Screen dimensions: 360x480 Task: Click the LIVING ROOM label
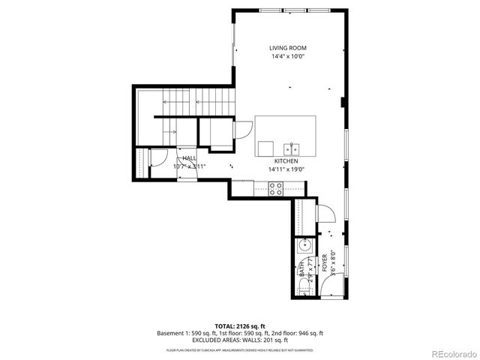click(288, 48)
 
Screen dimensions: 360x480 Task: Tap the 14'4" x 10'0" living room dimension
click(288, 56)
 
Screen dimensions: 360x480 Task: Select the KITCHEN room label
click(286, 161)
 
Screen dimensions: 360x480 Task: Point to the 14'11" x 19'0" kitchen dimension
click(286, 169)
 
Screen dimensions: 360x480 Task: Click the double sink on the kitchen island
click(294, 147)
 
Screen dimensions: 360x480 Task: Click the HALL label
click(189, 158)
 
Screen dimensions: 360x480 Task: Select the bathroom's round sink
click(304, 245)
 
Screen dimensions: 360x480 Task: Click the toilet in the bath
click(304, 283)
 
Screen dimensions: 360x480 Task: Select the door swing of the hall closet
click(158, 158)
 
